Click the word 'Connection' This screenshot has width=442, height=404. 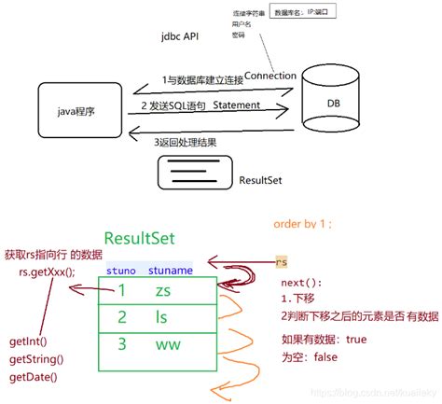click(x=270, y=76)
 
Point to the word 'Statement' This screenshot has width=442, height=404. click(x=243, y=105)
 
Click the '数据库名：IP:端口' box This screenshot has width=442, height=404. click(x=303, y=13)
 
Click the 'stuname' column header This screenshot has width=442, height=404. click(x=169, y=270)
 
